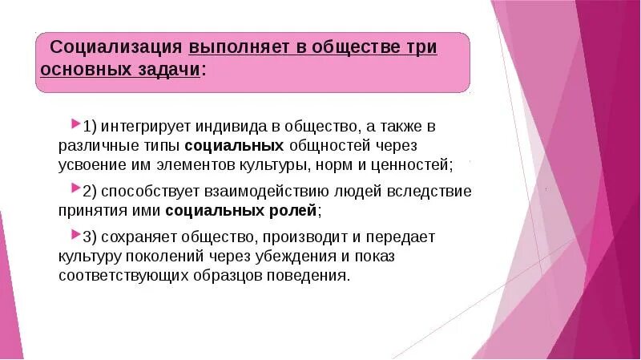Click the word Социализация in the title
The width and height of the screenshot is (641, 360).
click(x=117, y=47)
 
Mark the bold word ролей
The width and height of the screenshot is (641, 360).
click(x=296, y=210)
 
